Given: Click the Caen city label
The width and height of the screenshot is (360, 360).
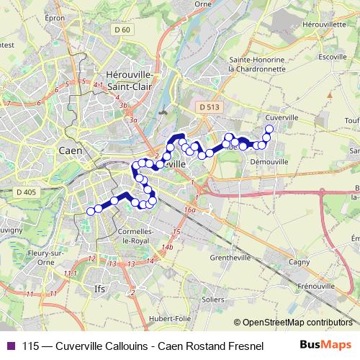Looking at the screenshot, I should (70, 152).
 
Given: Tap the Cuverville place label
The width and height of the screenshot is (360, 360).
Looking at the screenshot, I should (282, 116).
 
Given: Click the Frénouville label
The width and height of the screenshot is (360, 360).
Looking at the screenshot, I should (317, 286).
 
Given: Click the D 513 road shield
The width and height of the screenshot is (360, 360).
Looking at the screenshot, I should (209, 107).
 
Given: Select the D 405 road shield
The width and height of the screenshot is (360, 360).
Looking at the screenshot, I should (25, 192).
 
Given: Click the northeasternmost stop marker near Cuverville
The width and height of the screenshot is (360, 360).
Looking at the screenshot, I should (269, 130).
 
